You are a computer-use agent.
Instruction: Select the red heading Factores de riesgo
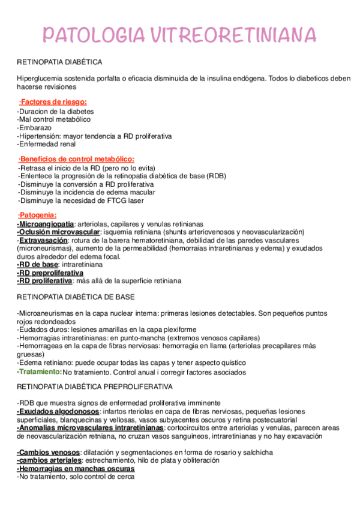tap(53, 101)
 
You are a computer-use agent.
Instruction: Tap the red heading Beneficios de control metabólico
tap(77, 158)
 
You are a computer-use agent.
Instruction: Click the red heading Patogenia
tap(38, 215)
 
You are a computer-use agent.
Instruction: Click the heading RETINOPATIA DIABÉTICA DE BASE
tap(76, 297)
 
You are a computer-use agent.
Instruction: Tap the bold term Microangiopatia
tap(46, 223)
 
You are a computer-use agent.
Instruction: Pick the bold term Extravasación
tap(42, 240)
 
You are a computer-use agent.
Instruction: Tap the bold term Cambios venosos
tap(48, 452)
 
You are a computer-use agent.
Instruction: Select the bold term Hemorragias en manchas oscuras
tap(75, 469)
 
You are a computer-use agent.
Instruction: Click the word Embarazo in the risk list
tap(35, 128)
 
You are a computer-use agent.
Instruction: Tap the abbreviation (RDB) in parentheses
tap(217, 176)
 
